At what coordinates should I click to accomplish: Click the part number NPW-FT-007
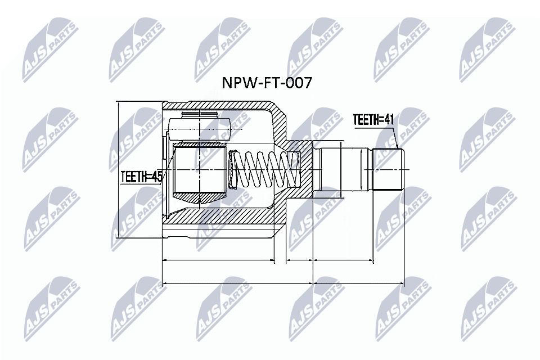click(x=268, y=83)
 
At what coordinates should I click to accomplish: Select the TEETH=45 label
click(x=141, y=177)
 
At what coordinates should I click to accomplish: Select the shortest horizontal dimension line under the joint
click(x=299, y=261)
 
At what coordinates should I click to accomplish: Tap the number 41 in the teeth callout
click(x=390, y=120)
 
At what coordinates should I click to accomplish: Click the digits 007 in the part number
click(x=299, y=83)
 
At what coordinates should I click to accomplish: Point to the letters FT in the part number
click(x=269, y=83)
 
